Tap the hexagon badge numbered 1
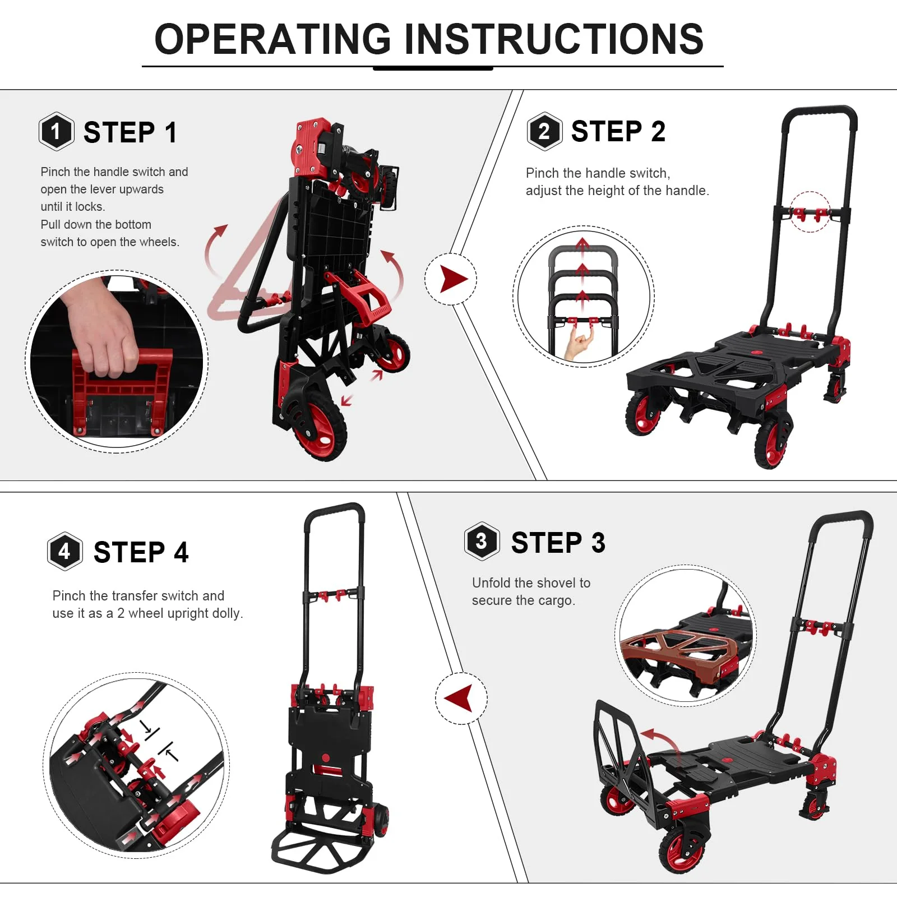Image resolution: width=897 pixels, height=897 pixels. [56, 132]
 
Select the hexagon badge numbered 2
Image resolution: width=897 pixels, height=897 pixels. [544, 132]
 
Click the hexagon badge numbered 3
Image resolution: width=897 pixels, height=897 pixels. [482, 542]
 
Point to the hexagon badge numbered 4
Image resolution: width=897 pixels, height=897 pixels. [65, 551]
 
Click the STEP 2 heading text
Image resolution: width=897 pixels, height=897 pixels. [618, 132]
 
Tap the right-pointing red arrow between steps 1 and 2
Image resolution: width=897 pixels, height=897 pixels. [452, 279]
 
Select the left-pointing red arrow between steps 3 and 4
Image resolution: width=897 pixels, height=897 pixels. [460, 699]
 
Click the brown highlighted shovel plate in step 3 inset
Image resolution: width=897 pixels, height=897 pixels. [673, 650]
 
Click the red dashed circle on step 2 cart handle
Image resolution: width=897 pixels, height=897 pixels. [810, 212]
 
